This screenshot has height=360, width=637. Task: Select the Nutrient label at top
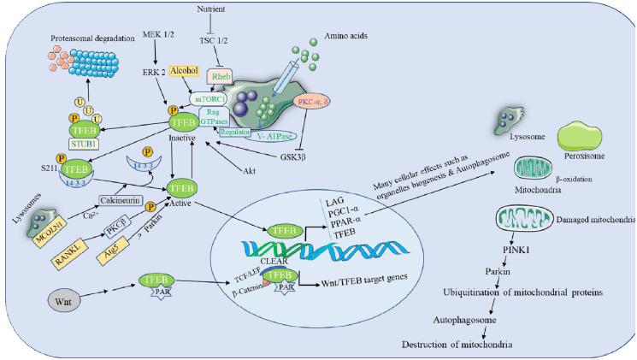tap(236, 8)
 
